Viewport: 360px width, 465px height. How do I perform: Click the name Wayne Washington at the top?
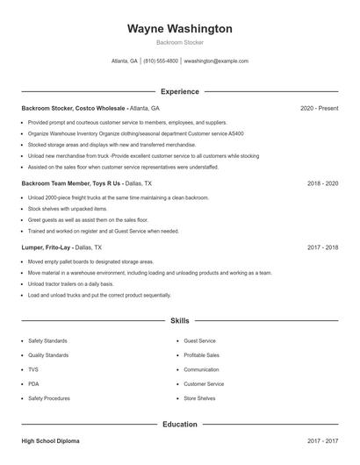[180, 29]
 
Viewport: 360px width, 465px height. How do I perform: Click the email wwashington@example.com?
[217, 61]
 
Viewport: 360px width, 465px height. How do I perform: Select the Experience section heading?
[180, 91]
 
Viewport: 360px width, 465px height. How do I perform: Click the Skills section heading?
[180, 322]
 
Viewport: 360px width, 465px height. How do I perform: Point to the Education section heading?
[180, 425]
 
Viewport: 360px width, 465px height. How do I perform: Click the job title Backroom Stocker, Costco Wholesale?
[74, 108]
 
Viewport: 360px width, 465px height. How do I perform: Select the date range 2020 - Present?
[319, 108]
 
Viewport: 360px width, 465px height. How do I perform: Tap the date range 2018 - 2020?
[323, 184]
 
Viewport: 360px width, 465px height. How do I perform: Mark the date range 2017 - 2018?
[323, 247]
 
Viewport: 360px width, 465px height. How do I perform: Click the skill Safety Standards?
[48, 340]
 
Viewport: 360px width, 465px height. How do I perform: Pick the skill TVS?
[33, 369]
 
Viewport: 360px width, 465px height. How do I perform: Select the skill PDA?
[33, 383]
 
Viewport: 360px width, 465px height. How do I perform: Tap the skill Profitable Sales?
[202, 354]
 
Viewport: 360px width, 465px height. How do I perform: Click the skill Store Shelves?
[199, 398]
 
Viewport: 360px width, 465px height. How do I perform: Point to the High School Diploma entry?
[52, 441]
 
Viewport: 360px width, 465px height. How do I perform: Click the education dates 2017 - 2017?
[323, 441]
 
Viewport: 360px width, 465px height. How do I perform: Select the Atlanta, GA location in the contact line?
[124, 61]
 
